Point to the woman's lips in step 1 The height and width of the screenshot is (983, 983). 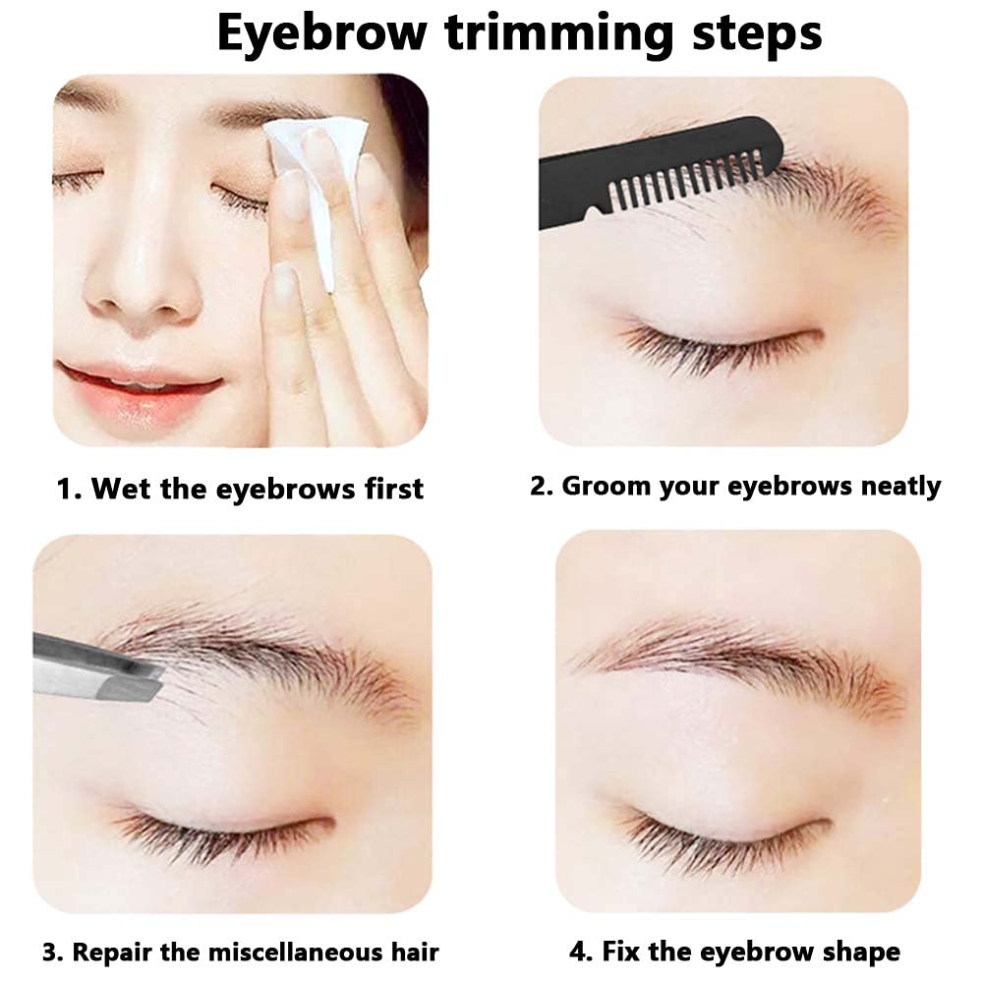tap(138, 390)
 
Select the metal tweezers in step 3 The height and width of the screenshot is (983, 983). tap(97, 668)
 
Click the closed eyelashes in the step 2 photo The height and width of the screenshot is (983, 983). tap(718, 349)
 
